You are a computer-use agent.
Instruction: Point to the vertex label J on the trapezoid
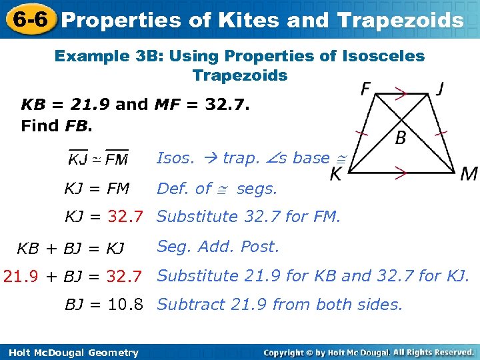tap(441, 89)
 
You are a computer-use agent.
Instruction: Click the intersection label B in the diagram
tap(401, 138)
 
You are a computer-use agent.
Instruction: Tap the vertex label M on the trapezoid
tap(469, 174)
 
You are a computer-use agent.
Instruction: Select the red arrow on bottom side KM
tap(400, 174)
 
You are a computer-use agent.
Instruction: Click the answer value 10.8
tap(125, 305)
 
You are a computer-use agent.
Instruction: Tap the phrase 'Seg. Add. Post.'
tap(218, 247)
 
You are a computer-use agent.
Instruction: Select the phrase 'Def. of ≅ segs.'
tap(217, 189)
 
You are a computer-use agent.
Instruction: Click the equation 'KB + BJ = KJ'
tap(70, 249)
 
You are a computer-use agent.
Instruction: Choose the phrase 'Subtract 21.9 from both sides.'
tap(280, 305)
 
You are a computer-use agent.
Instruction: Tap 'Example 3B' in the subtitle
tap(108, 56)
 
